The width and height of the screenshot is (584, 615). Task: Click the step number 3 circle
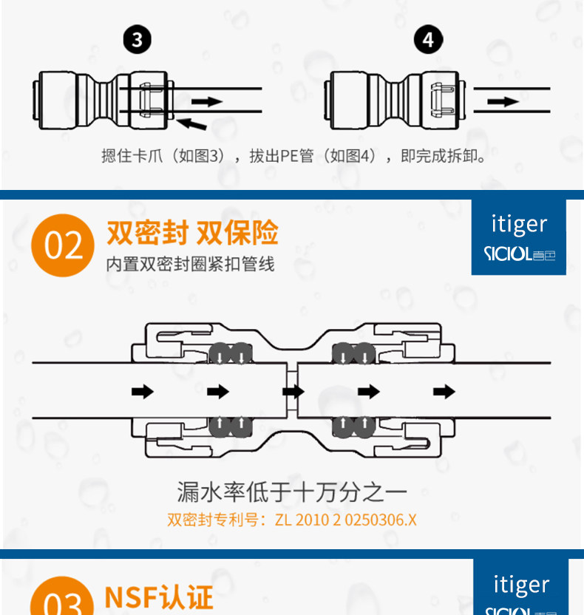(137, 38)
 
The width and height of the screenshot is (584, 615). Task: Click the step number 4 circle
(429, 38)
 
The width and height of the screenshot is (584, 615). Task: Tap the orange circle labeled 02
(63, 245)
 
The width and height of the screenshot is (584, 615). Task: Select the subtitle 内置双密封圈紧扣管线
(190, 264)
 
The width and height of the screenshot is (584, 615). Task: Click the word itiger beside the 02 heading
(519, 224)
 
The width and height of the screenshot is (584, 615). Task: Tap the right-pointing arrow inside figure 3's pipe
(210, 101)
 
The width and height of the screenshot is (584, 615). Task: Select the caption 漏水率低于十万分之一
(292, 491)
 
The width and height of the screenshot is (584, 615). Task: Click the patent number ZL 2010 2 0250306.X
(345, 520)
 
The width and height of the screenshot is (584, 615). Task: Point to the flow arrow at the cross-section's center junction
(293, 391)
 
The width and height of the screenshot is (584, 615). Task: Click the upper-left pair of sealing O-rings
(229, 354)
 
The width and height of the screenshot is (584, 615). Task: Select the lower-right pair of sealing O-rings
(353, 425)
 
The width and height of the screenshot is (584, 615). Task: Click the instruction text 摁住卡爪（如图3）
(163, 157)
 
